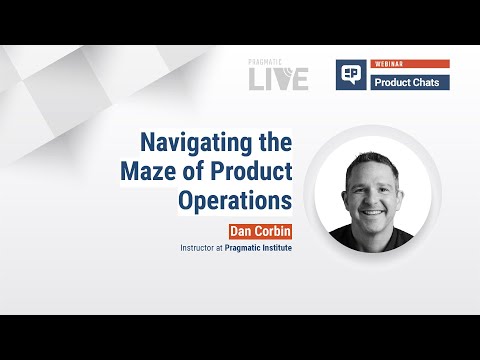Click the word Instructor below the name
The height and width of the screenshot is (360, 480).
pos(202,245)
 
